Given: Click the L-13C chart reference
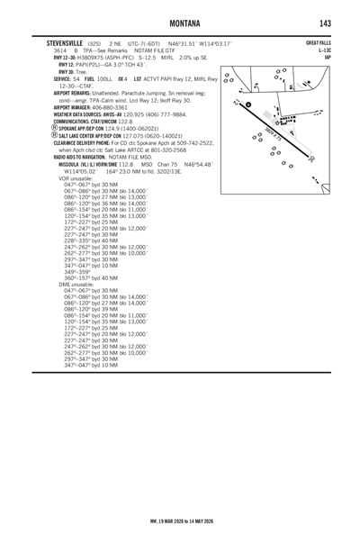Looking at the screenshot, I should click(326, 50).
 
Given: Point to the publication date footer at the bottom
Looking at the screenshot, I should click(179, 519).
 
